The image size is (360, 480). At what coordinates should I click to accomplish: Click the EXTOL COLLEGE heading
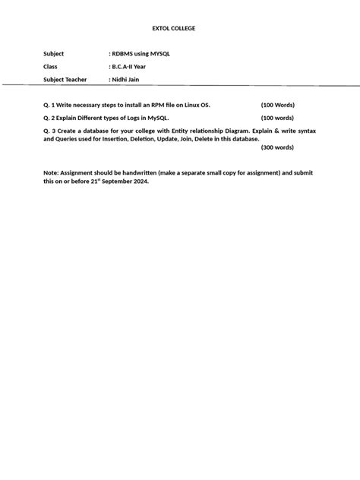(x=174, y=28)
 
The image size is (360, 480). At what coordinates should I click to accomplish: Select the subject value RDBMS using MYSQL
(x=141, y=54)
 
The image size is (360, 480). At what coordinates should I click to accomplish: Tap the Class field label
(x=51, y=67)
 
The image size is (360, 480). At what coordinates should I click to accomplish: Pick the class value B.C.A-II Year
(x=129, y=67)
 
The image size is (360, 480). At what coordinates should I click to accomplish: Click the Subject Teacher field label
(x=65, y=79)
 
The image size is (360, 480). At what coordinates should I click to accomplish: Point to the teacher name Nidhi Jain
(x=125, y=79)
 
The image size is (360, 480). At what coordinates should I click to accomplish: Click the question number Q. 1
(x=51, y=105)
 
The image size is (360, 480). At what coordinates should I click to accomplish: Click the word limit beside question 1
(x=277, y=105)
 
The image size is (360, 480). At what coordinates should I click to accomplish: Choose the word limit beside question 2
(x=277, y=118)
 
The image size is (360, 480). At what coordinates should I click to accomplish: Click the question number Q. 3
(x=51, y=131)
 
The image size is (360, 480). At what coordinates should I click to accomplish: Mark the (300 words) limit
(x=277, y=147)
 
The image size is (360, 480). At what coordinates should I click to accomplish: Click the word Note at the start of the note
(x=52, y=173)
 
